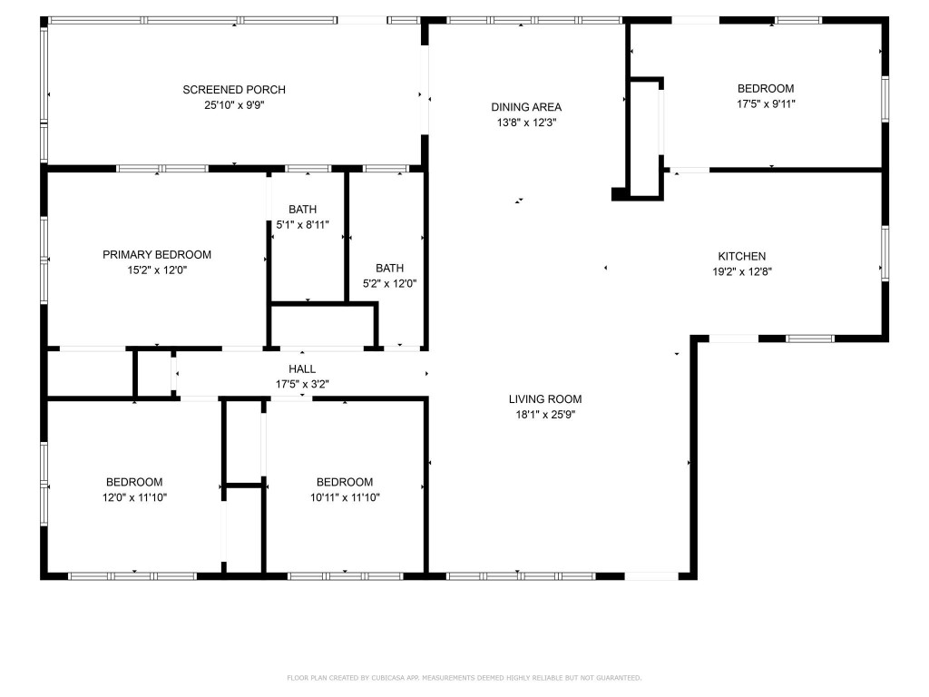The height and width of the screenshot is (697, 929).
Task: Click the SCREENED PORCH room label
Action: click(234, 89)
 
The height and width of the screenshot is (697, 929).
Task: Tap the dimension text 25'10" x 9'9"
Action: click(234, 104)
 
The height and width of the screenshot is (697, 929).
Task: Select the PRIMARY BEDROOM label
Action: click(157, 255)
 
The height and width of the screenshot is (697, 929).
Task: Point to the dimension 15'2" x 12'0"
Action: click(157, 270)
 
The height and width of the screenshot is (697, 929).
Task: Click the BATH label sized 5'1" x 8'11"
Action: click(303, 210)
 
